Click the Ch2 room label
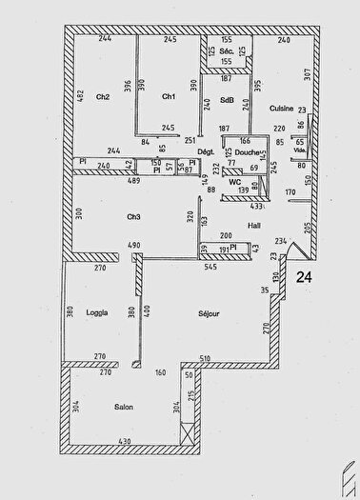pos(103,96)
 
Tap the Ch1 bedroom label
pos(168,96)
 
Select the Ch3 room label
pos(133,217)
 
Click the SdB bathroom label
pos(226,100)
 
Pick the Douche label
pos(247,152)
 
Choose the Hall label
pos(254,226)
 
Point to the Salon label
pos(123,408)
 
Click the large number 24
pos(304,277)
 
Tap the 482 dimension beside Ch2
pos(82,96)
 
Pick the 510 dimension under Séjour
pos(204,358)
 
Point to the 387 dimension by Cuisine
pos(307,72)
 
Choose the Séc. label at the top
pos(227,50)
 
